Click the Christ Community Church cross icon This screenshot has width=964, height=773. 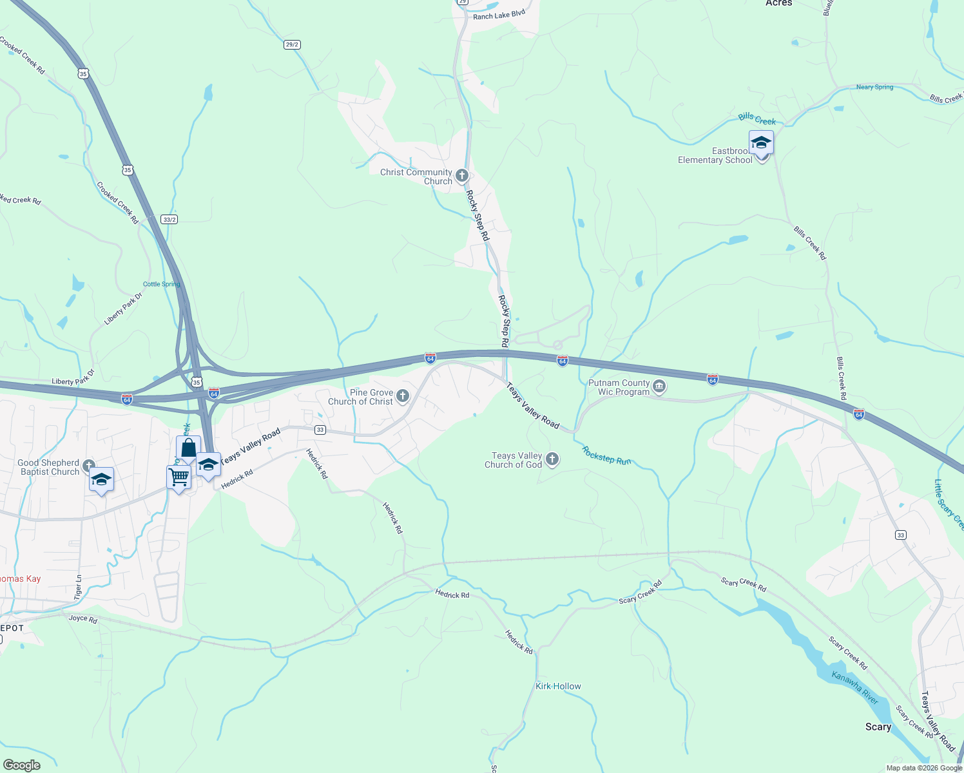click(x=461, y=175)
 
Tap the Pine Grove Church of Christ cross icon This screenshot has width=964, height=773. click(x=403, y=396)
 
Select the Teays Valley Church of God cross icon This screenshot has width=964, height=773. click(x=552, y=459)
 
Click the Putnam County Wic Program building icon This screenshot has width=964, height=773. click(x=659, y=386)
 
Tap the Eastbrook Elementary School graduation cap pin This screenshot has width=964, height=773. click(x=761, y=144)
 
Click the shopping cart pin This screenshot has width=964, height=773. click(x=178, y=477)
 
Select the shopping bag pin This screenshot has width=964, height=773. click(x=188, y=448)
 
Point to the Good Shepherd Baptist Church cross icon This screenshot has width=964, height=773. click(x=89, y=466)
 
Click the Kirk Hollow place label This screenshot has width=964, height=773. click(x=558, y=686)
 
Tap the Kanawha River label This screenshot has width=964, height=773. click(x=854, y=687)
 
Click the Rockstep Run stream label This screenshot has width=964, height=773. click(x=606, y=456)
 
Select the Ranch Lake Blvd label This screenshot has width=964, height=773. click(x=499, y=15)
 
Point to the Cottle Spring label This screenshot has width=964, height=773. click(x=161, y=284)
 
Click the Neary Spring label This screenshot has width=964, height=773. click(x=874, y=87)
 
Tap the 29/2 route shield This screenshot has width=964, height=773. click(x=292, y=44)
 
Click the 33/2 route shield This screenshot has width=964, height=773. click(x=169, y=220)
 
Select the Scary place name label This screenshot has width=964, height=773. click(x=878, y=727)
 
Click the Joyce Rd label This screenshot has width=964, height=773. click(x=82, y=619)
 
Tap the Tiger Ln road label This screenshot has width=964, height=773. click(x=78, y=587)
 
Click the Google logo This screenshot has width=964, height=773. click(x=22, y=765)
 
